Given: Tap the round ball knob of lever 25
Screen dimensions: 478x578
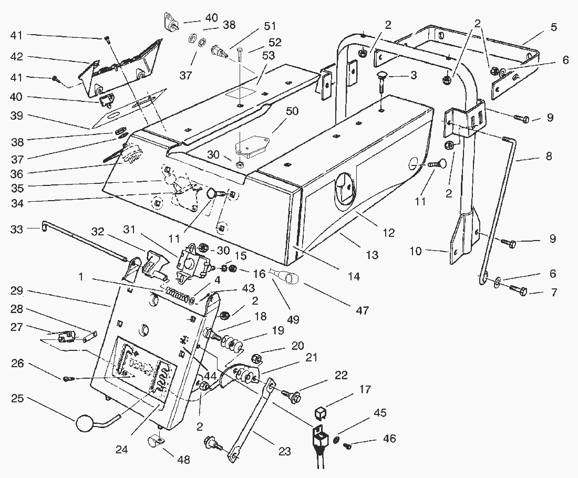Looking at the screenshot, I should click(x=85, y=423).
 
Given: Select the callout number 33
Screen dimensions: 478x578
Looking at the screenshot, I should click(x=16, y=228).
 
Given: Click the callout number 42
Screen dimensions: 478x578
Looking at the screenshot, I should click(x=16, y=57).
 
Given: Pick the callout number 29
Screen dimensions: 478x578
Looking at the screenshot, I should click(x=16, y=290).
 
